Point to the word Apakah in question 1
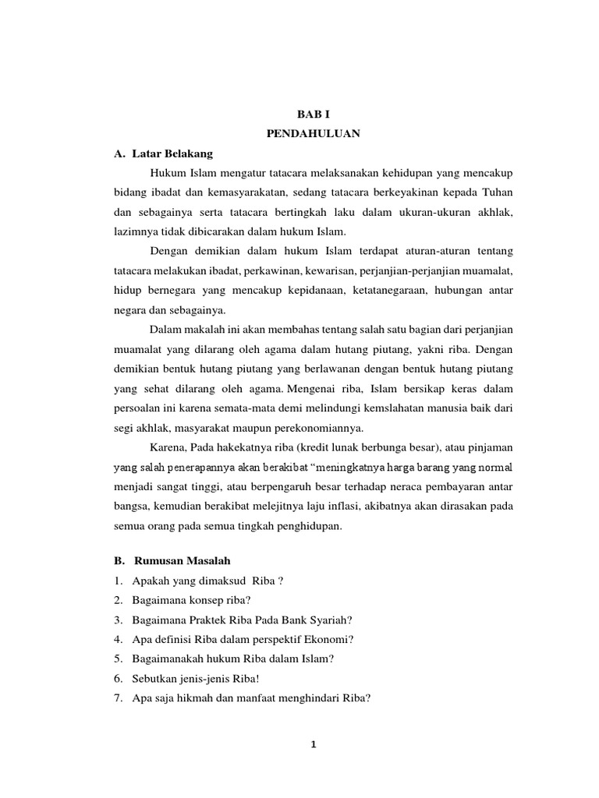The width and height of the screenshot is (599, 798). pyautogui.click(x=152, y=581)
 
